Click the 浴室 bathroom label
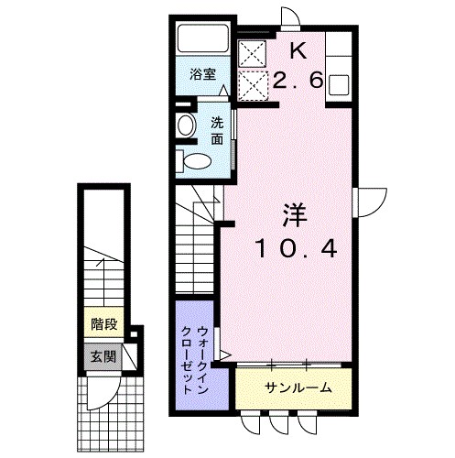tap(203, 74)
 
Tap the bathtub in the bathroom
tap(203, 38)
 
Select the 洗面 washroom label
tap(217, 131)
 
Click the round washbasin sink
tap(187, 125)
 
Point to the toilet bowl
tap(198, 160)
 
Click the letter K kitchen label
tap(298, 51)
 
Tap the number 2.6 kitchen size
tap(298, 81)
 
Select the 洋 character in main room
tap(295, 215)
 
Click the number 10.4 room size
tap(297, 248)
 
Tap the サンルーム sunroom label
tap(298, 387)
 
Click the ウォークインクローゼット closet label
tap(195, 359)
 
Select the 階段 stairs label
tap(104, 324)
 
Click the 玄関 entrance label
tap(103, 356)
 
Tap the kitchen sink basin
tap(339, 85)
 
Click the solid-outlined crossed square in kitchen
tap(252, 54)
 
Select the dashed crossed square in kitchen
tap(253, 85)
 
